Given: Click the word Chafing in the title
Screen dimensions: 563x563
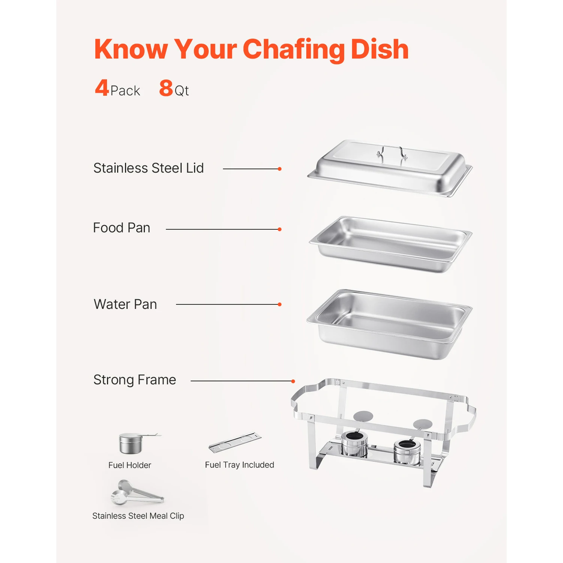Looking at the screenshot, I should click(x=294, y=50).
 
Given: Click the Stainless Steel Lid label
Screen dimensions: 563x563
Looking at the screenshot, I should click(x=148, y=168).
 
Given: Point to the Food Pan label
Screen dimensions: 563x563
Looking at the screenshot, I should click(x=122, y=228).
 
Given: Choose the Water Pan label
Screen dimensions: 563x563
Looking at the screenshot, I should click(x=125, y=304).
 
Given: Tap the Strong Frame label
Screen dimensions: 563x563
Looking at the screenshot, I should click(x=135, y=380).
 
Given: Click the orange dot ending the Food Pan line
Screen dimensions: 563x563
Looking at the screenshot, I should click(x=280, y=229).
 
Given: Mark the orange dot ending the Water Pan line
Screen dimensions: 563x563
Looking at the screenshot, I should click(x=280, y=304).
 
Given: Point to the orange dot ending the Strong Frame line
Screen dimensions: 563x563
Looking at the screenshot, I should click(x=293, y=381).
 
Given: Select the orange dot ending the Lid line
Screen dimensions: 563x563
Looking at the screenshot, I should click(x=280, y=169).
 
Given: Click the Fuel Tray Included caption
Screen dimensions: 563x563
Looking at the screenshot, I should click(x=239, y=465).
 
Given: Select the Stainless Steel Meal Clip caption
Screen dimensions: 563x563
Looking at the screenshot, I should click(x=138, y=516).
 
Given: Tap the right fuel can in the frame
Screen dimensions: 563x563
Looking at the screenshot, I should click(x=406, y=452).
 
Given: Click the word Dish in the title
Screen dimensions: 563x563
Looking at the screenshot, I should click(x=379, y=50).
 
